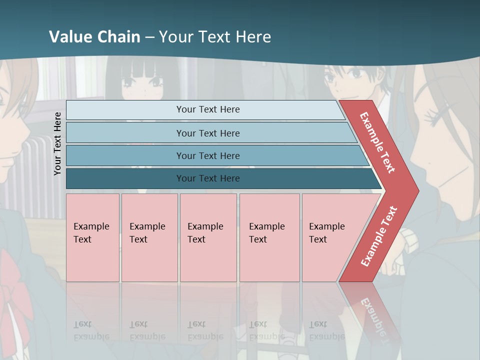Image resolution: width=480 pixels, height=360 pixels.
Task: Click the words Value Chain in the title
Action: pos(94,36)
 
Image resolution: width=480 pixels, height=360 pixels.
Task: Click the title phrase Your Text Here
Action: pos(215,36)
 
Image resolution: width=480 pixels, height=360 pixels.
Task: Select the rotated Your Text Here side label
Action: pos(57,143)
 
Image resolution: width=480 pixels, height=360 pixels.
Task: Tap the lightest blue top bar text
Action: pos(208,109)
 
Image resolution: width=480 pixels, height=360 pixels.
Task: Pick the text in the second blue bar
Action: pos(208,133)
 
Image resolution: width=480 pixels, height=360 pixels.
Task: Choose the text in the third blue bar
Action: pos(208,156)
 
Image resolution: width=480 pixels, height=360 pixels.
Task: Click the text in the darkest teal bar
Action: pos(208,178)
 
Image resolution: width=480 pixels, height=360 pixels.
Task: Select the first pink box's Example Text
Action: pos(91,232)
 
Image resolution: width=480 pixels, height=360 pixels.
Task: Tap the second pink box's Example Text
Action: pos(147,232)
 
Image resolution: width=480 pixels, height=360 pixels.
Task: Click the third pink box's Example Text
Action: pos(205,232)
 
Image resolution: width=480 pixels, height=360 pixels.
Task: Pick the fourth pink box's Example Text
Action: pos(266,232)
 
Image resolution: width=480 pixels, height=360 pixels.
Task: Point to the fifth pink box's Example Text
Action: pos(326,232)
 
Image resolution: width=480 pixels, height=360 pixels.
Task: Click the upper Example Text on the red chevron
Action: pos(377,143)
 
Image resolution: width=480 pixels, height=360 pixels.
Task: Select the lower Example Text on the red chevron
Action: pos(379,236)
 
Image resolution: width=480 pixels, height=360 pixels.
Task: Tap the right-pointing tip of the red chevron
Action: pos(417,191)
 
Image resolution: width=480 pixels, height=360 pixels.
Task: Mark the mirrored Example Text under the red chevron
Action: pos(375,315)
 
